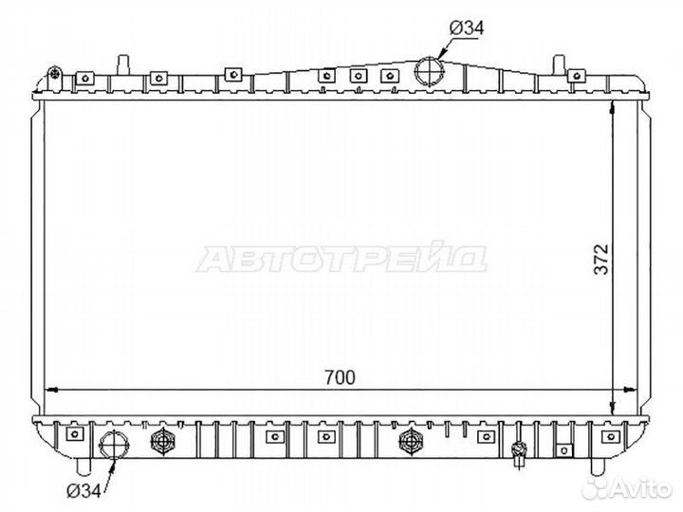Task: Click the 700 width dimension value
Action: (x=340, y=377)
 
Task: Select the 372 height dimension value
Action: (x=601, y=259)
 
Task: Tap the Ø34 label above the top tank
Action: (x=467, y=28)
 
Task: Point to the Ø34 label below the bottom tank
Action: (x=83, y=491)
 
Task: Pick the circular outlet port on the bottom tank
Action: (x=114, y=445)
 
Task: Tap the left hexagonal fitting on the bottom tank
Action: (x=163, y=441)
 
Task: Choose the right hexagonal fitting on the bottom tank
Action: (x=411, y=441)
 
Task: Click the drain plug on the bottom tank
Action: (x=519, y=450)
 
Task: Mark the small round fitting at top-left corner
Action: (x=54, y=74)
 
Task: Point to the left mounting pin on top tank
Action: (x=123, y=64)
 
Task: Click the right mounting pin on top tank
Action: (x=559, y=64)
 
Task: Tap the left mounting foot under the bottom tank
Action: (x=83, y=466)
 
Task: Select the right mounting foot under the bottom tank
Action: (x=598, y=466)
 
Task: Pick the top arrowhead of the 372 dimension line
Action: (x=613, y=106)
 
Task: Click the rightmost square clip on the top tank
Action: (x=577, y=76)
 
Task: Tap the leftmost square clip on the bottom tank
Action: (x=75, y=433)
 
